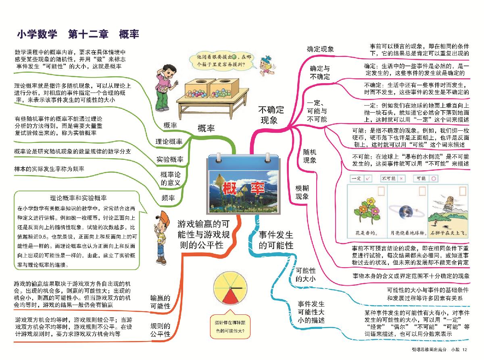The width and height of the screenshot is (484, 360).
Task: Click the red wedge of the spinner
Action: (230, 295)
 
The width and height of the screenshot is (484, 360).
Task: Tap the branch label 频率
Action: (168, 198)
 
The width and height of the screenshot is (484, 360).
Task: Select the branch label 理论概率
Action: (169, 142)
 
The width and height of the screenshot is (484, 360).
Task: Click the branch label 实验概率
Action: (170, 159)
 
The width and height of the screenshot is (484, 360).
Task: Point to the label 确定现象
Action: (320, 49)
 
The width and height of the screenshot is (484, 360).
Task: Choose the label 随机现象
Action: (309, 156)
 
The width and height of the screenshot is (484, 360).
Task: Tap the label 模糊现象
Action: (302, 193)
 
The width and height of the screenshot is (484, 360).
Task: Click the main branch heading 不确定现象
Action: (271, 115)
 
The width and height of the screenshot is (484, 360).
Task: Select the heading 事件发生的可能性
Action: (276, 240)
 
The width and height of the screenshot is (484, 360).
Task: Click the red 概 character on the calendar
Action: (230, 188)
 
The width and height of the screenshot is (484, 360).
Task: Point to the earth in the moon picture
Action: (406, 212)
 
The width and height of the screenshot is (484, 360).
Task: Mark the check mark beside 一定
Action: (368, 178)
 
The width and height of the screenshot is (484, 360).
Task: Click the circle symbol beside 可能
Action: (434, 178)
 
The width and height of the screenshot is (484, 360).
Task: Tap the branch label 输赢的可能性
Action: (160, 302)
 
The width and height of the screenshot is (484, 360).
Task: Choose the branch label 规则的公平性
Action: (160, 330)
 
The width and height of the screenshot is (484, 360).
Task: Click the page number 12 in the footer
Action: (465, 350)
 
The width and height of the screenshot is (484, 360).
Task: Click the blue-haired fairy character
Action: (266, 65)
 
